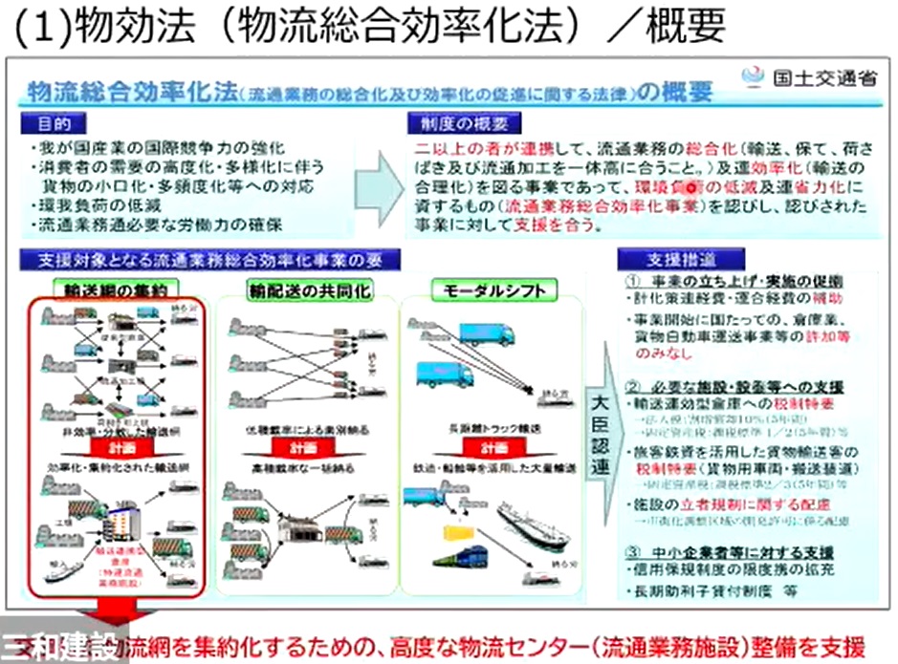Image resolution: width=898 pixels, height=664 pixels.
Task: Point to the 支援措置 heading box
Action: (667, 258)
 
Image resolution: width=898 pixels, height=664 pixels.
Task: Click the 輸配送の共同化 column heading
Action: (296, 289)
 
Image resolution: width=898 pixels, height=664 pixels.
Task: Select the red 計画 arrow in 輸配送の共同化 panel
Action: (295, 447)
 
